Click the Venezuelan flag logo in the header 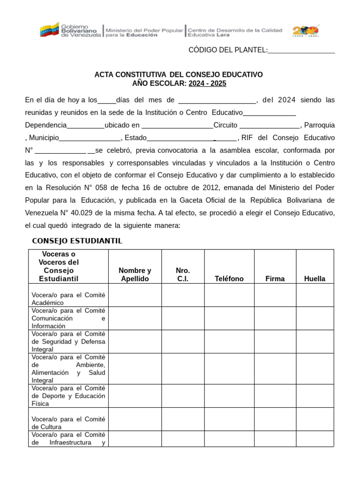[49, 30]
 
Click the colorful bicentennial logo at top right [306, 31]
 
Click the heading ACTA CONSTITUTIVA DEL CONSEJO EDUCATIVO [179, 75]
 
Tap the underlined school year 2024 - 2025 [207, 83]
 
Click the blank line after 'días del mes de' [217, 100]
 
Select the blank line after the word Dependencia [86, 126]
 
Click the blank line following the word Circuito [270, 126]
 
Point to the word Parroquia [320, 125]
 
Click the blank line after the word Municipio [90, 138]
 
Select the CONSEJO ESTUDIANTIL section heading [77, 241]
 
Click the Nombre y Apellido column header [135, 275]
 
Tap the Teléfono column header [229, 278]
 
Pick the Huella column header [315, 278]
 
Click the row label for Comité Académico [68, 299]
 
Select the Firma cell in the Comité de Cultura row [275, 419]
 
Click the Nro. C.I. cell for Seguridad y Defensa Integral [183, 342]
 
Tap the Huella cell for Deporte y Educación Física [315, 396]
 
